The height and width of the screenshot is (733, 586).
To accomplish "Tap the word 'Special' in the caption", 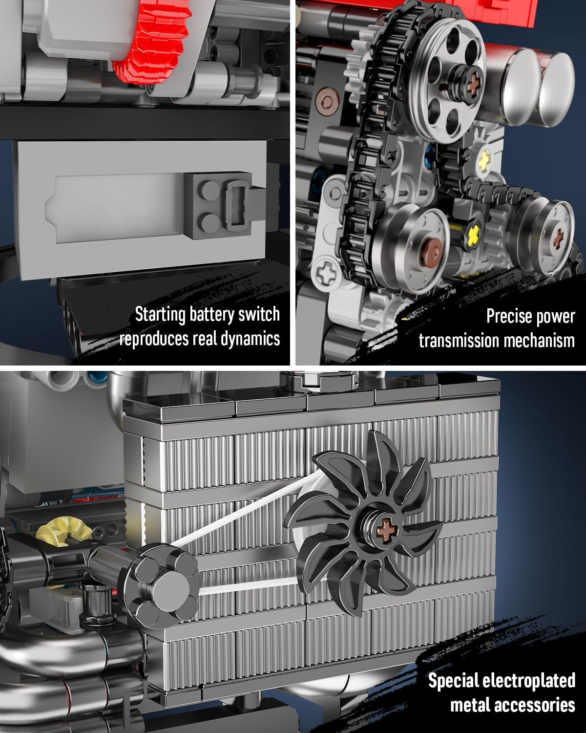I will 452,681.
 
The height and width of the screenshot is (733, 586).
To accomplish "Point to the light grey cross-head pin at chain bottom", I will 326,273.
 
